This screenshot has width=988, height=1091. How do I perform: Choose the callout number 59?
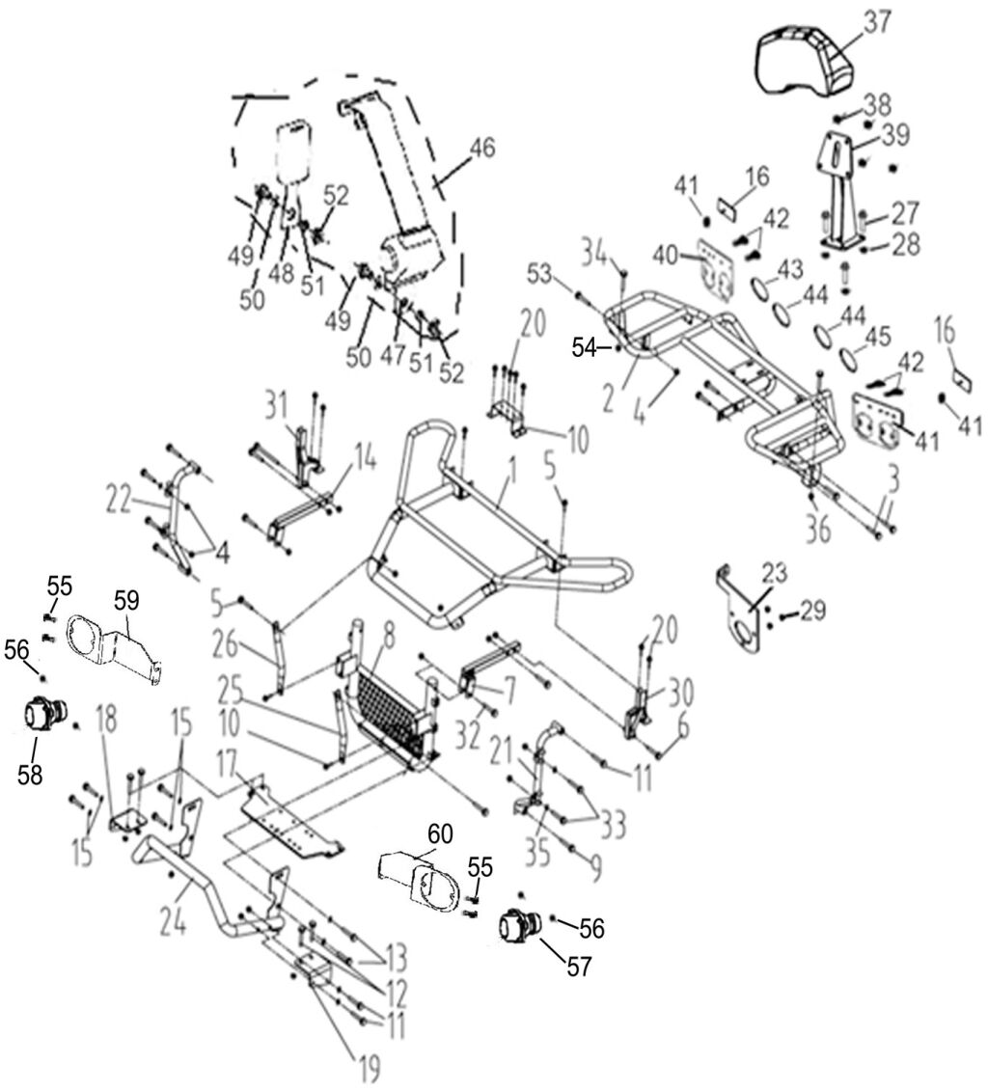[127, 600]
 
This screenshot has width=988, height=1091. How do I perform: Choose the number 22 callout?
[118, 500]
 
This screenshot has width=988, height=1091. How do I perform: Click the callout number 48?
[282, 274]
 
